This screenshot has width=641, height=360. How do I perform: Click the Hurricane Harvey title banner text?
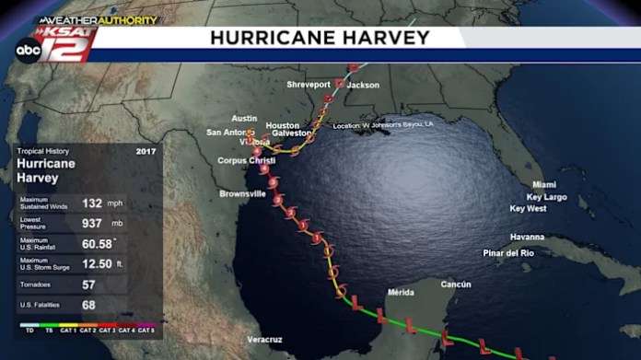pyautogui.click(x=320, y=38)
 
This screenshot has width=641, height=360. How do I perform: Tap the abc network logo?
pyautogui.click(x=28, y=50)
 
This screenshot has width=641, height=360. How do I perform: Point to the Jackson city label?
pyautogui.click(x=363, y=85)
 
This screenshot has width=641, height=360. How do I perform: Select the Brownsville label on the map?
pyautogui.click(x=242, y=194)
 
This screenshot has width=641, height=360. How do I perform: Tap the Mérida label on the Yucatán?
pyautogui.click(x=400, y=292)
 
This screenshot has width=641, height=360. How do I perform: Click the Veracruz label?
pyautogui.click(x=265, y=340)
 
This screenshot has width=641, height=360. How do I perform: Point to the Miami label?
pyautogui.click(x=544, y=184)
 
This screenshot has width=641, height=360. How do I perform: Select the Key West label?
pyautogui.click(x=528, y=209)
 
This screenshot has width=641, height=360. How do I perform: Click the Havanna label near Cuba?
pyautogui.click(x=528, y=237)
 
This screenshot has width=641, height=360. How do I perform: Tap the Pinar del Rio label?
pyautogui.click(x=508, y=253)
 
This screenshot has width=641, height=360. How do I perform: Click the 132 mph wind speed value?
pyautogui.click(x=92, y=203)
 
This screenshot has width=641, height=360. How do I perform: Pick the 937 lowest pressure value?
pyautogui.click(x=92, y=223)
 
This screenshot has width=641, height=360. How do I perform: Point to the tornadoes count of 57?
pyautogui.click(x=89, y=285)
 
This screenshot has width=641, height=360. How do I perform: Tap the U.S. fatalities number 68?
pyautogui.click(x=89, y=305)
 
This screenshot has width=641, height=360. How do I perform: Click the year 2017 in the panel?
pyautogui.click(x=146, y=151)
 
